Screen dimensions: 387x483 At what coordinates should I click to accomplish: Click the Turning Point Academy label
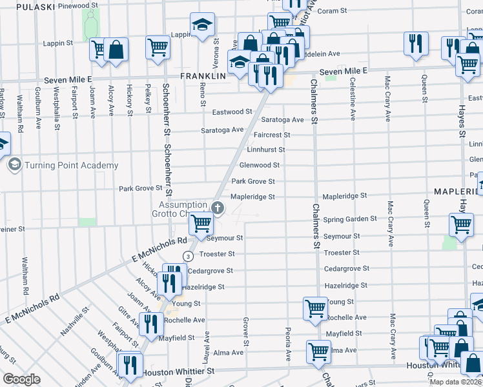point(71,165)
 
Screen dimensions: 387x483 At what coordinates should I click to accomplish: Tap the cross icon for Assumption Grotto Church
point(218,208)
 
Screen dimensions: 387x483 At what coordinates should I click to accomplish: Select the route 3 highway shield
point(187,255)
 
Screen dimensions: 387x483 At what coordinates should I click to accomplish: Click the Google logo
point(21,379)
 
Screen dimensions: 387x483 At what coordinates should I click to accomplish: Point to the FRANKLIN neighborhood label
point(202,75)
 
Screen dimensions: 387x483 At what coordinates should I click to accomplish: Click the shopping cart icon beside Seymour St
point(201,223)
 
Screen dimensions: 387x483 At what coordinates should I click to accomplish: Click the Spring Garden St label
point(350,219)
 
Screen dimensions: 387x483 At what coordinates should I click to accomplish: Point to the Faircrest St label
point(272,135)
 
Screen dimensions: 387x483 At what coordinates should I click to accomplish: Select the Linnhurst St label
point(266,150)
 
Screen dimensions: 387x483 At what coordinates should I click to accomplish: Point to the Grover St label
point(246,332)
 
